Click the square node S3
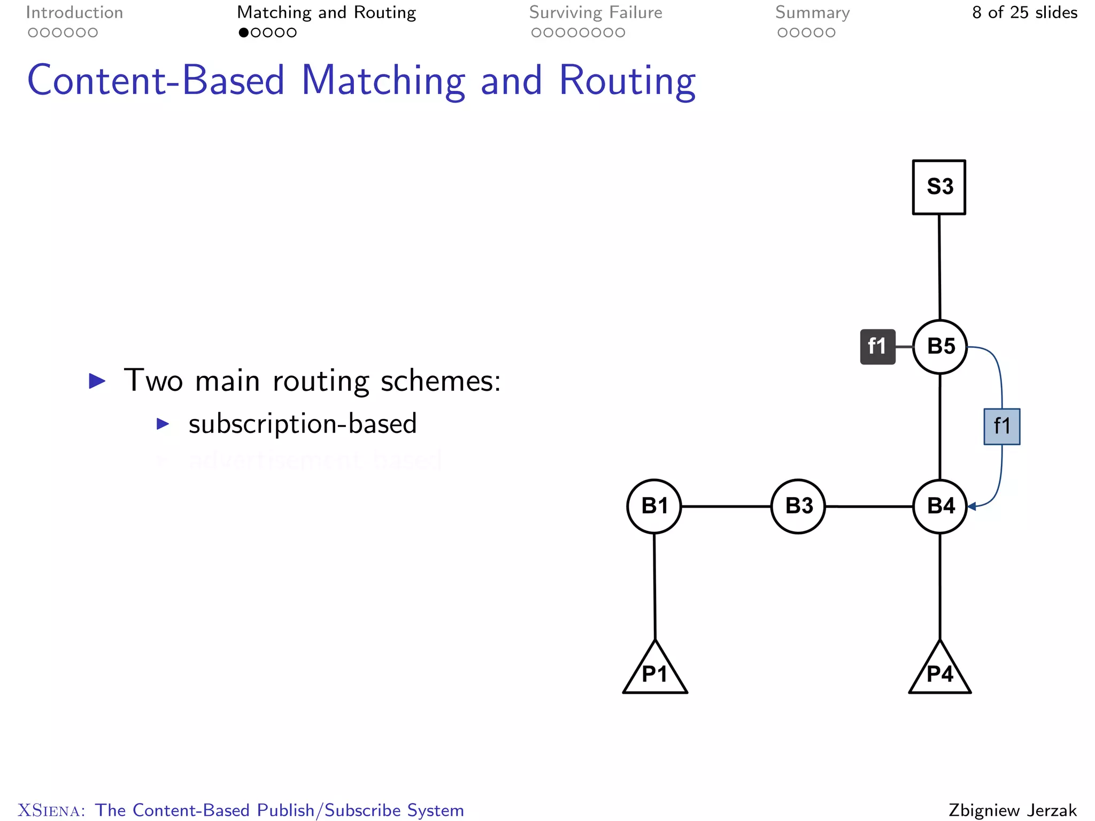(939, 187)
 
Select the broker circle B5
(940, 346)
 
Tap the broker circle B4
(940, 506)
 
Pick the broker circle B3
(798, 506)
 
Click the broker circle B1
(654, 506)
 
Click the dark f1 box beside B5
(877, 347)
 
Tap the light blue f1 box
(1002, 427)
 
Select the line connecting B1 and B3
(726, 506)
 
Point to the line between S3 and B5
(939, 267)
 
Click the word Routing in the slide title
(627, 81)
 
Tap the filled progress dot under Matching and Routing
(244, 33)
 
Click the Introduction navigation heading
(74, 12)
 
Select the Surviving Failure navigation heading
(596, 12)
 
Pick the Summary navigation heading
(812, 12)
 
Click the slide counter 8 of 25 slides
(1024, 12)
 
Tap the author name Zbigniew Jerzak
(1013, 810)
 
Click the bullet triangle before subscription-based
(163, 424)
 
